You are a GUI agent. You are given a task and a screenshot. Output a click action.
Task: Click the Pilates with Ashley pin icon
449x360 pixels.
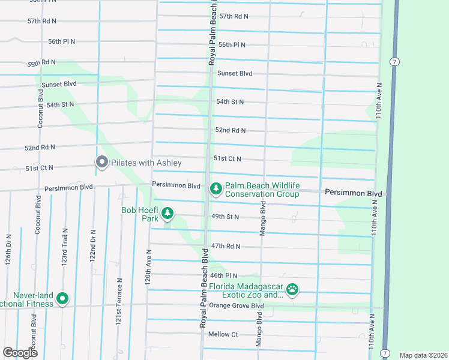[102, 162]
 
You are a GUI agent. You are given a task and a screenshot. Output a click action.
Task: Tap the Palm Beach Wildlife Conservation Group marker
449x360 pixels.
[215, 189]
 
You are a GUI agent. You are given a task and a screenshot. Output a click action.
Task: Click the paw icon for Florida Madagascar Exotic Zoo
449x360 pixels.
[292, 290]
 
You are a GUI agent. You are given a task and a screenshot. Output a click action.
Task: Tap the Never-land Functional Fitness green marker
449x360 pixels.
[63, 299]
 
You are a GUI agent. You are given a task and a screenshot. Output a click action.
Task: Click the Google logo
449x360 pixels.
[20, 353]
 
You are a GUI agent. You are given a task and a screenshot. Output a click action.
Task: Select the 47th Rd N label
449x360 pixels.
[225, 246]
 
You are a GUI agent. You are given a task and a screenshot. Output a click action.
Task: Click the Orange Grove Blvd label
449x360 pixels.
[237, 305]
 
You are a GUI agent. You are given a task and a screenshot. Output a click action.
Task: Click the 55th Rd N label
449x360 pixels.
[41, 62]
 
